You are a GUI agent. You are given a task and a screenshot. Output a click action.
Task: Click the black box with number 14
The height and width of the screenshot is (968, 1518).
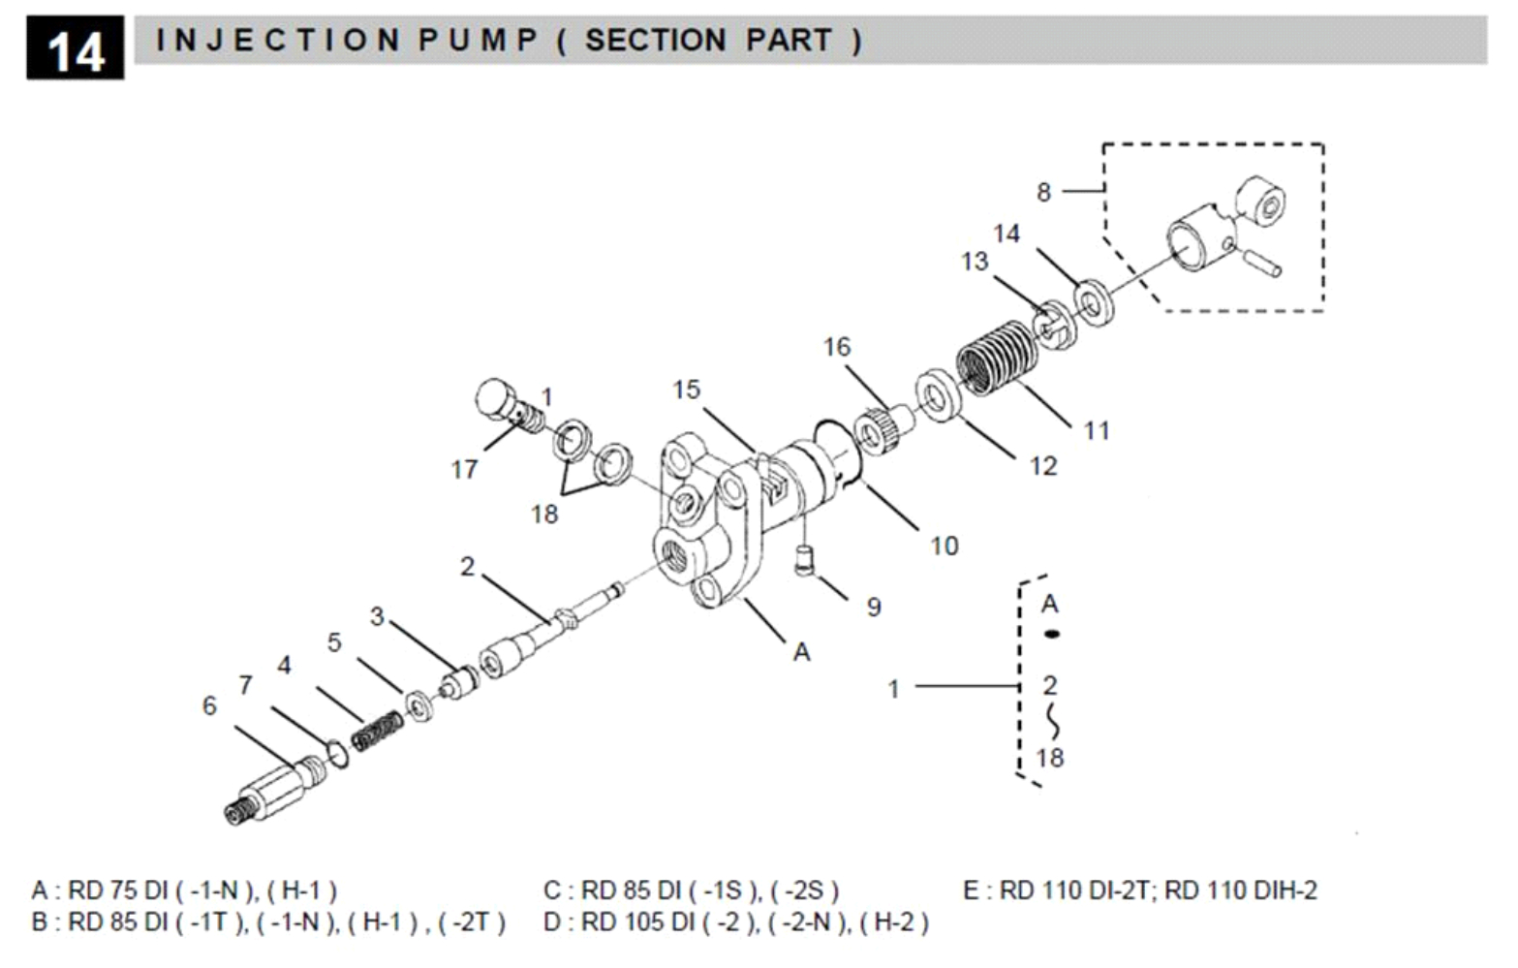click(75, 48)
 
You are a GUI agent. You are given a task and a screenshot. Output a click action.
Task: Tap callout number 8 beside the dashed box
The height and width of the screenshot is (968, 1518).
click(1043, 192)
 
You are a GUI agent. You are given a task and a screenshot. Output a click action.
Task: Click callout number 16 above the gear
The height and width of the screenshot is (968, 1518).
click(837, 347)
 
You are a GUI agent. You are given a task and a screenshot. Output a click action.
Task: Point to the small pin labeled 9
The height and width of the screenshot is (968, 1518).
click(803, 560)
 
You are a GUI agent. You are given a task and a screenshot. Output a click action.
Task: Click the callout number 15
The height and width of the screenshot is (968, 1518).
click(686, 390)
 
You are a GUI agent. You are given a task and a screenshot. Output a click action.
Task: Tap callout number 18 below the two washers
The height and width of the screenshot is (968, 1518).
click(544, 514)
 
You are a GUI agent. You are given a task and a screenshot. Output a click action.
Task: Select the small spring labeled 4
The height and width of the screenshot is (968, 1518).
click(378, 731)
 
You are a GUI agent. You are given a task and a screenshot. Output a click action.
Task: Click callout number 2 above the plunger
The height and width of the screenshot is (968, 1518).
click(468, 566)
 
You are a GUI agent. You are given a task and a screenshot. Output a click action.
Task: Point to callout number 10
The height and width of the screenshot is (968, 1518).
click(944, 546)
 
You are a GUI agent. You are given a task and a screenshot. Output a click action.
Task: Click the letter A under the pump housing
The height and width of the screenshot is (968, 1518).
click(801, 652)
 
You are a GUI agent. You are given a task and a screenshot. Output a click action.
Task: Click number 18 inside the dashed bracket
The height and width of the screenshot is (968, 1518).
click(1050, 757)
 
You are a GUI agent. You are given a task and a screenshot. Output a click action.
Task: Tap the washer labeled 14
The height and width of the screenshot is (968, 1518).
click(1093, 303)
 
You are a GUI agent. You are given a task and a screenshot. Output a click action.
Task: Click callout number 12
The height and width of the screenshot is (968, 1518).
click(1042, 466)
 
